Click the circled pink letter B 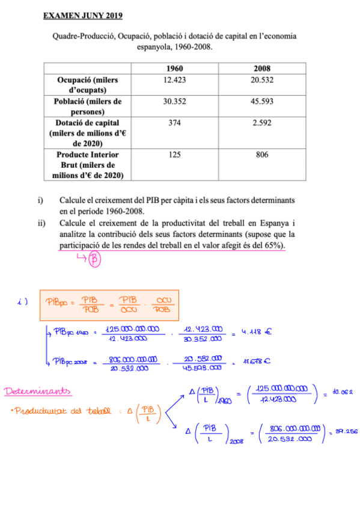(94, 260)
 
